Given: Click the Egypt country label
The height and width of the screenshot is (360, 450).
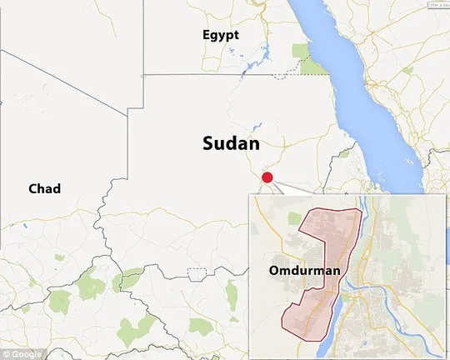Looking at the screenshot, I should (221, 35).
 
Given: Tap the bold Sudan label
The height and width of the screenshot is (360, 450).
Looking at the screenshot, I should (231, 142).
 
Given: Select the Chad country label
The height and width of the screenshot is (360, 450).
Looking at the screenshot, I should (45, 189).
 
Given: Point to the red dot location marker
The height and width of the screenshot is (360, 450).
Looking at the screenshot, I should (267, 177).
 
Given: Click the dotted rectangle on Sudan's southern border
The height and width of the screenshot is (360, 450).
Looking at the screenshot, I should (198, 273).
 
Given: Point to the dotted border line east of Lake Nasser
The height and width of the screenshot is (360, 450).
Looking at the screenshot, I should (287, 72).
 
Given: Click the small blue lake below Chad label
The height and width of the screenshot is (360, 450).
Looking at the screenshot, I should (25, 224).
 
